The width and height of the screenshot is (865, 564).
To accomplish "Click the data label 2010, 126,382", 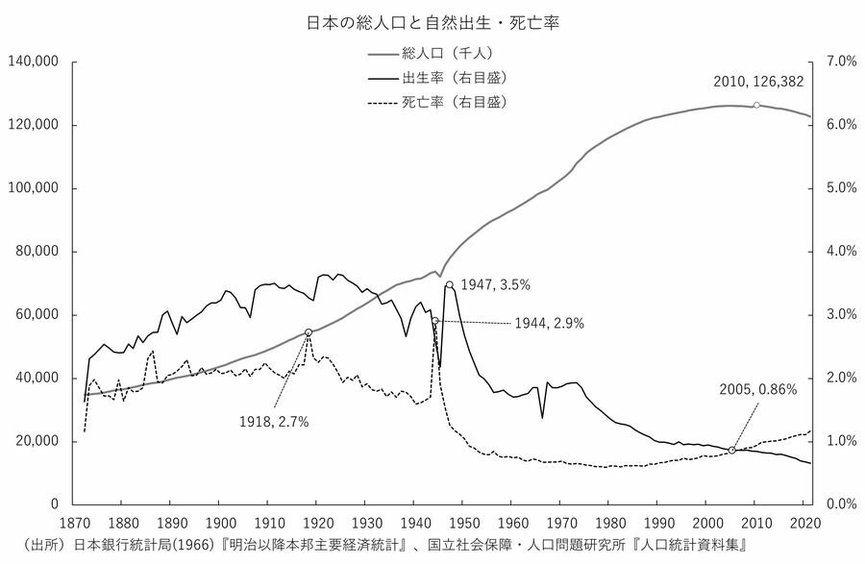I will tap(758, 82).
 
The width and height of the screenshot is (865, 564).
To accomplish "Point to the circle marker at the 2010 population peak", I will tap(757, 105).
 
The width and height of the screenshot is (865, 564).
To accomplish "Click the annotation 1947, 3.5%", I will tap(495, 284).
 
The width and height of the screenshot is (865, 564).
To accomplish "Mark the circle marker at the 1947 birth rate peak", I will tap(449, 284).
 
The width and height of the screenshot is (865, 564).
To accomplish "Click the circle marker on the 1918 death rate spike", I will tap(309, 332).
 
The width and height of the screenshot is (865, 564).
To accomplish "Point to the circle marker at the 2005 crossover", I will tap(732, 450).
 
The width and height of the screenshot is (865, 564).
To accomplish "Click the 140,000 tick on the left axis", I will tap(34, 62).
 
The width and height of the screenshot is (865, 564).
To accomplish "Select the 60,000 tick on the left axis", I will tap(37, 315).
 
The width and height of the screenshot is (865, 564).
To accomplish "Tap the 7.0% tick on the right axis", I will tap(842, 62).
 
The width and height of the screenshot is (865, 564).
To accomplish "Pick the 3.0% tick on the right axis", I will tap(842, 315).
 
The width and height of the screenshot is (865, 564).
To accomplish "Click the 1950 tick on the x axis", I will tap(462, 524).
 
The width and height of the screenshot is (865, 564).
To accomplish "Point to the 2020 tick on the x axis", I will tap(803, 524).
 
